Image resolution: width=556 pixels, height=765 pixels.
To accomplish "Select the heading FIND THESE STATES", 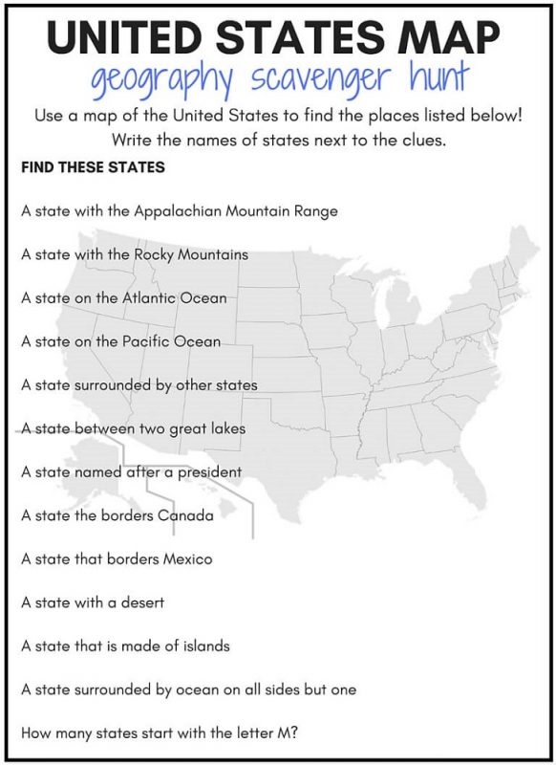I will [x=93, y=167].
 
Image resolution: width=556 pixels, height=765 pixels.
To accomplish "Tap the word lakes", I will [x=225, y=428].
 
